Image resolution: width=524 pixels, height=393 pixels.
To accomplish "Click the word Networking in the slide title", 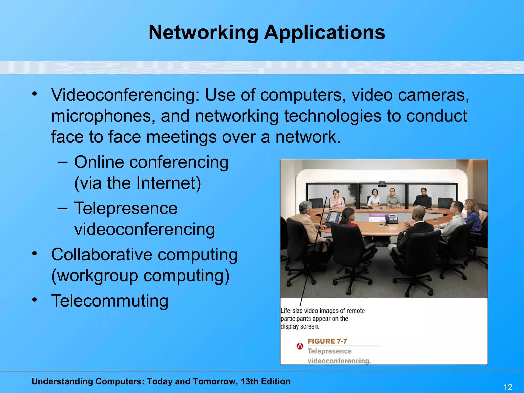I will [x=203, y=32].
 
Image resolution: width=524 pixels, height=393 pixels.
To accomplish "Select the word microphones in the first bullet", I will [x=103, y=116].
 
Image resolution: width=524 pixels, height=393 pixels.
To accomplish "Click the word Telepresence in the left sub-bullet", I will [x=126, y=208].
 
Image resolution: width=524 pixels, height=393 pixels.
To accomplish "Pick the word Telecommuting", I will [x=110, y=301].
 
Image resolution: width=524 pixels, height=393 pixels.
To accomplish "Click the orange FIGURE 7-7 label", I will [x=327, y=341].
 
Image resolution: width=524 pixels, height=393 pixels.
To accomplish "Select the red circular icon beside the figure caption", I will [x=300, y=346].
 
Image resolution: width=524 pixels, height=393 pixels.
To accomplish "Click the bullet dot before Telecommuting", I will [x=35, y=300].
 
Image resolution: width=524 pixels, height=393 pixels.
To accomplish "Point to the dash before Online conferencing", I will [x=62, y=162].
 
